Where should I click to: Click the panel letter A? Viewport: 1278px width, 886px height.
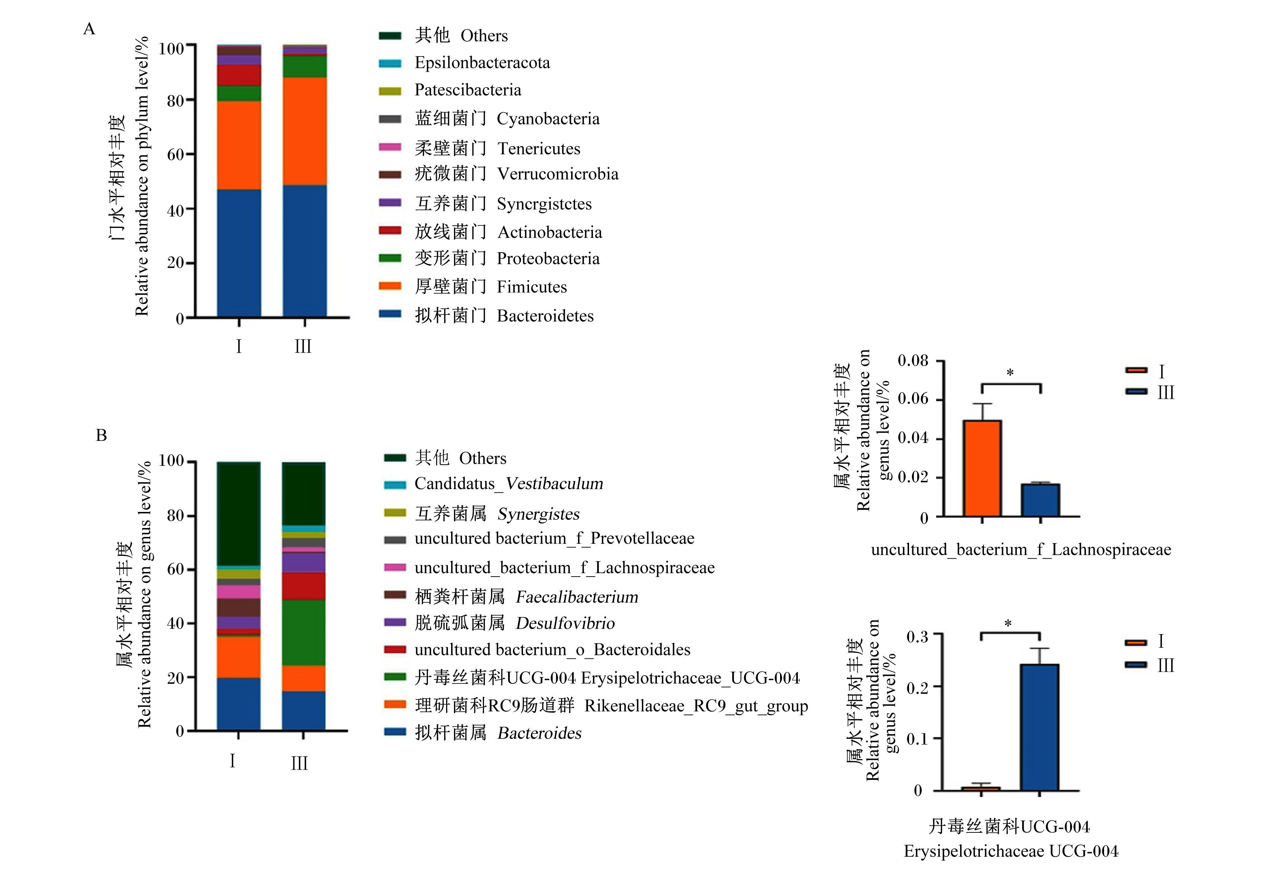(89, 29)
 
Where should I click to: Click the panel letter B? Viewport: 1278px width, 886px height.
(101, 435)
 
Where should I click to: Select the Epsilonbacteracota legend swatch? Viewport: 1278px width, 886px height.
(390, 63)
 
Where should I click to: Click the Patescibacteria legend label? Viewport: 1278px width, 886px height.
(468, 90)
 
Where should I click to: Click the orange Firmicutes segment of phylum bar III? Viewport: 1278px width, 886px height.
(305, 131)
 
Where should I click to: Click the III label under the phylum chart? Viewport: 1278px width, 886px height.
(303, 347)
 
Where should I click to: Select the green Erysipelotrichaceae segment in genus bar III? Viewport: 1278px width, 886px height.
(304, 633)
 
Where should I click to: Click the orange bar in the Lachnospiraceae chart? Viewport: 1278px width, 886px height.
(982, 468)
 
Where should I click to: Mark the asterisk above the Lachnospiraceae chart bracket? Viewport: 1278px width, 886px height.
(1010, 373)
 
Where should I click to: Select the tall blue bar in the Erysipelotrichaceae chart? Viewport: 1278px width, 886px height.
(1039, 727)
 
